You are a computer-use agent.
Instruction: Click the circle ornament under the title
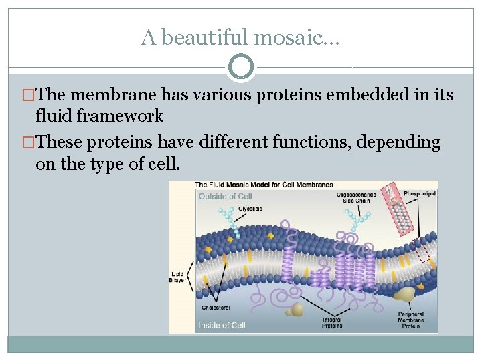pyautogui.click(x=241, y=66)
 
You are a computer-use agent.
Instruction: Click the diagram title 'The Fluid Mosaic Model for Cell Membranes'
pyautogui.click(x=264, y=185)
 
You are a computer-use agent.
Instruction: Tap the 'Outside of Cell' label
pyautogui.click(x=225, y=196)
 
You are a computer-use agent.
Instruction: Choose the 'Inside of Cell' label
pyautogui.click(x=222, y=325)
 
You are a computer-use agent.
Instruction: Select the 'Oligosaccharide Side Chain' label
pyautogui.click(x=356, y=197)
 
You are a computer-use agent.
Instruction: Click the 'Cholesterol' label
pyautogui.click(x=214, y=308)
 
